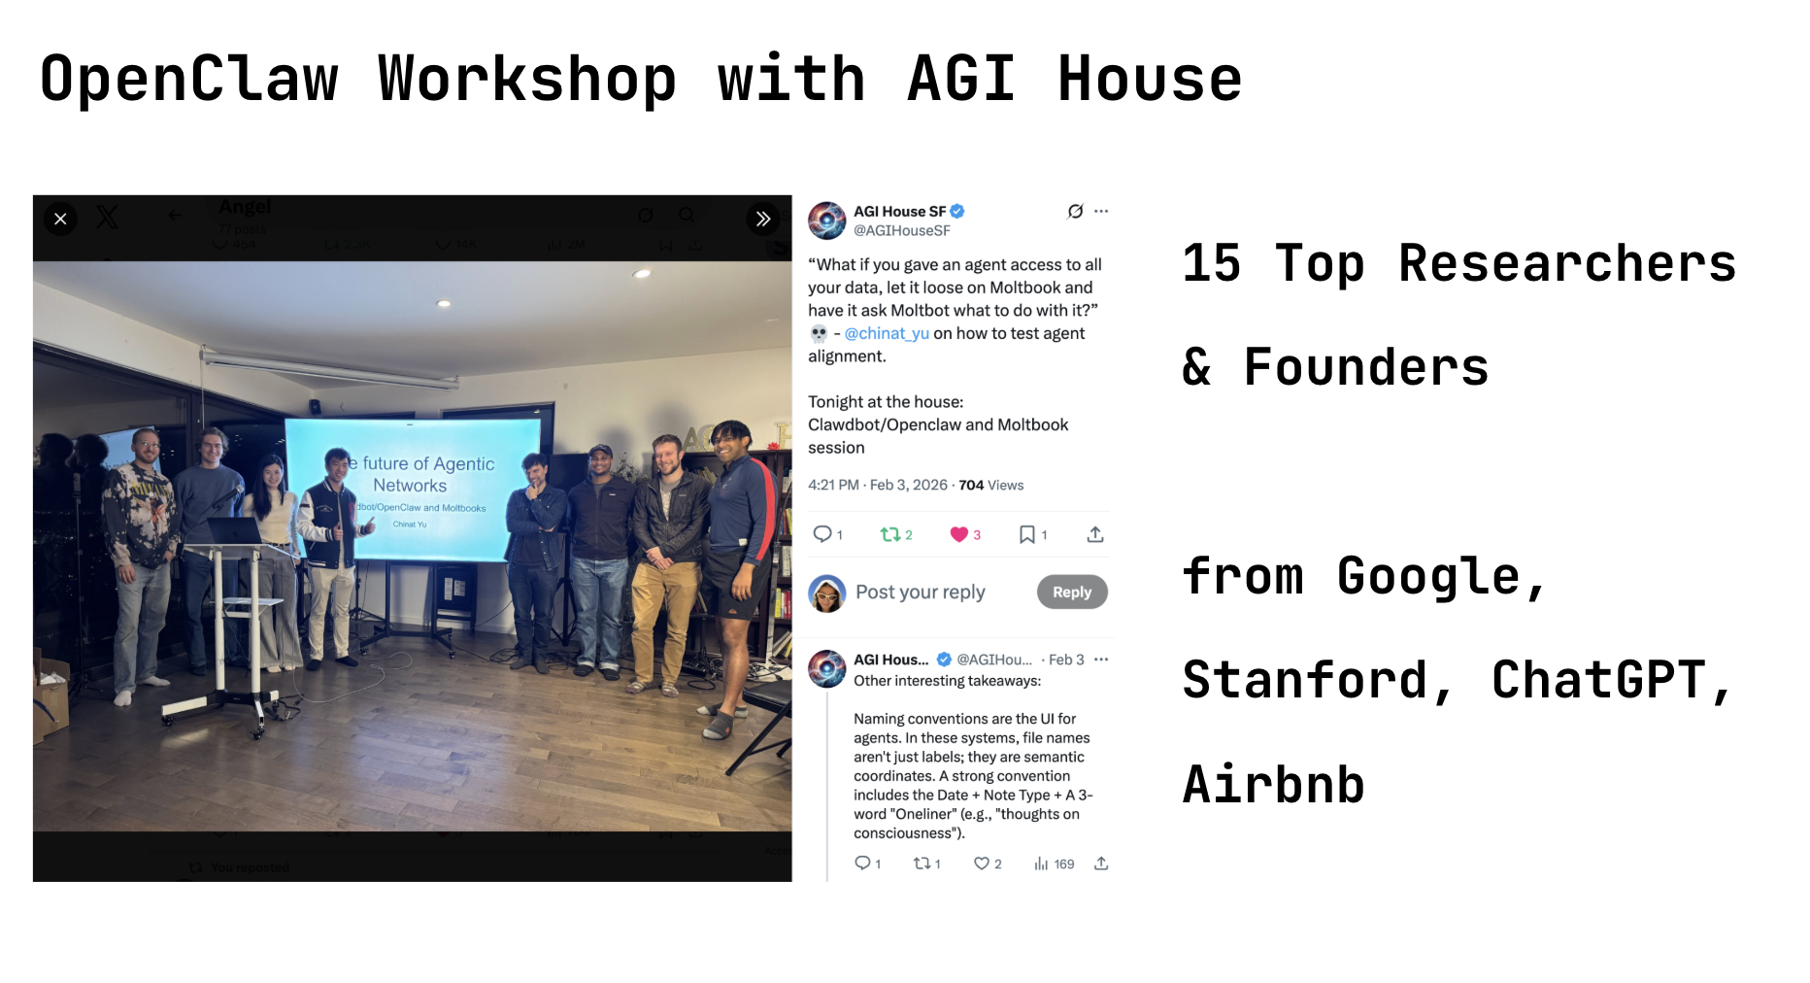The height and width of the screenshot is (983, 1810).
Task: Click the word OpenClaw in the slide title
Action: (189, 79)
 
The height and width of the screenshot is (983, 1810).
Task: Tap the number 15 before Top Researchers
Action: (1211, 264)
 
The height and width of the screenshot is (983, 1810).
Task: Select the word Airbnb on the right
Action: (1273, 785)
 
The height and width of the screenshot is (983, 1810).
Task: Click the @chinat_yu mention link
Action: (886, 333)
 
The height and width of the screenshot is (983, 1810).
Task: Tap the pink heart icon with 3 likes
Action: (958, 534)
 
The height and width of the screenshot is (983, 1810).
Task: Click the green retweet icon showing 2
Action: (889, 534)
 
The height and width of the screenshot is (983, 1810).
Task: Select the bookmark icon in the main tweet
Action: (1026, 534)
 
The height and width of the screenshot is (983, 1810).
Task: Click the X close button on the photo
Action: (60, 220)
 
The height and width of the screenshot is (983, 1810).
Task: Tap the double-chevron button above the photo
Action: (763, 220)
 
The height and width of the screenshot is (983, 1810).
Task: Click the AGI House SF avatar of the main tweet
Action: (827, 220)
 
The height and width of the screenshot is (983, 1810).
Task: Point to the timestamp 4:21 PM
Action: (833, 485)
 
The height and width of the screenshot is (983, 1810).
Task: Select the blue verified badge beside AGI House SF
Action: (957, 211)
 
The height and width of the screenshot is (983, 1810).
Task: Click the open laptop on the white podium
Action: (233, 531)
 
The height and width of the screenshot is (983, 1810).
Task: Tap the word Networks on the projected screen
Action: (410, 486)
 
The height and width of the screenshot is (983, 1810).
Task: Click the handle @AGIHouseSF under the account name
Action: (901, 231)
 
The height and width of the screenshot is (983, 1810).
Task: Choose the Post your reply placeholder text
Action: (920, 592)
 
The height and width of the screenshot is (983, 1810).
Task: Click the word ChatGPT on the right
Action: (1598, 680)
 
